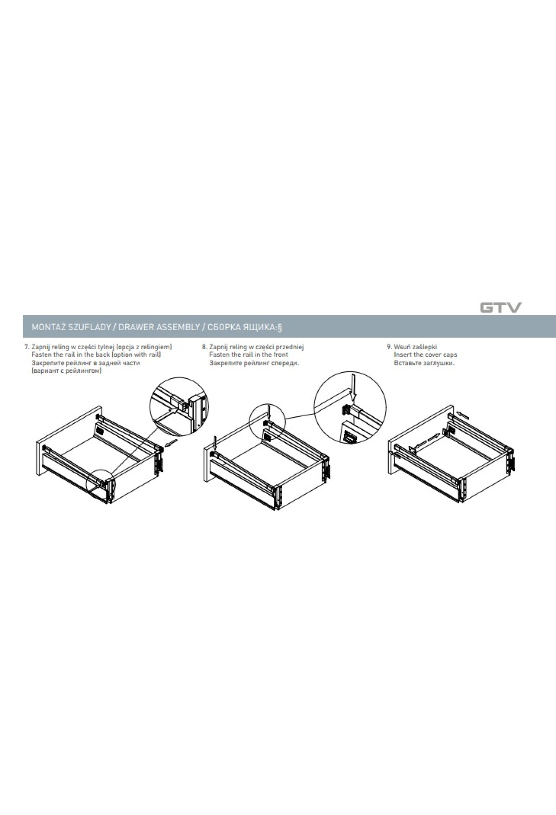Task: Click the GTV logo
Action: pos(500,307)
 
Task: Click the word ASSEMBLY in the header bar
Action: pos(172,327)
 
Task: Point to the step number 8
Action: pos(204,347)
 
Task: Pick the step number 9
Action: pos(389,347)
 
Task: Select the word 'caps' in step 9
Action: pos(450,355)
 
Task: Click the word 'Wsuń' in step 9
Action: pos(402,347)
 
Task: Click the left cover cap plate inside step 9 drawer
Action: pos(411,449)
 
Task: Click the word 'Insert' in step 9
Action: pos(402,355)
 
